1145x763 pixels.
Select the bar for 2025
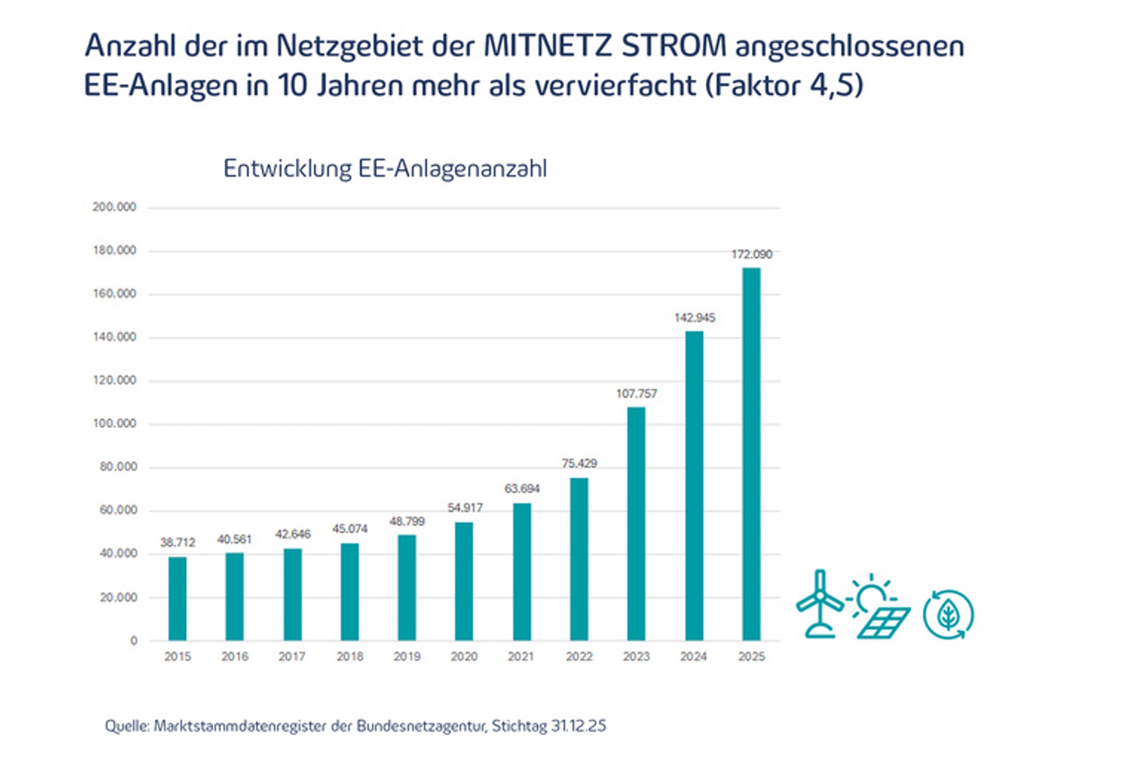751,454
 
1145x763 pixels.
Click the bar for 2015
177,599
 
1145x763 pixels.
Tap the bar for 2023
636,523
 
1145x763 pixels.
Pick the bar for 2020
464,581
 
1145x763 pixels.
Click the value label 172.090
752,254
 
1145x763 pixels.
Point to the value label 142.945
695,318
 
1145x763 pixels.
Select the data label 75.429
579,463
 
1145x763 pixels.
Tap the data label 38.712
178,542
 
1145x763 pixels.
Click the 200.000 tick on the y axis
114,207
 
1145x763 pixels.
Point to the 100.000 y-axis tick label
114,423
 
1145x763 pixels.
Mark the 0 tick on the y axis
134,641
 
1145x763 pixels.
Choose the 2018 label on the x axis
350,657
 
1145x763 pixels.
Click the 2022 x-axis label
579,657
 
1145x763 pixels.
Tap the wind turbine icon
819,604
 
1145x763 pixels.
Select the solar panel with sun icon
878,606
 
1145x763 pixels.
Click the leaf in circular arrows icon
948,614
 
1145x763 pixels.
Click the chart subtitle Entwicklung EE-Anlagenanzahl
385,168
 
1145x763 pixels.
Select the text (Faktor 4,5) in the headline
784,85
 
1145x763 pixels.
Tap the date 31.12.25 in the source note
579,726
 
